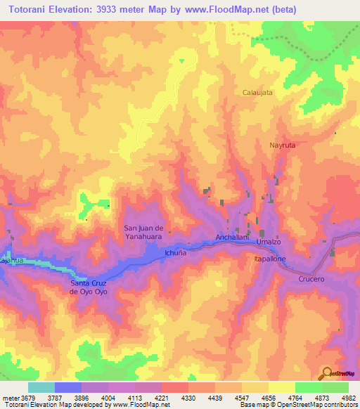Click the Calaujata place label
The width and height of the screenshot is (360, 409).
pyautogui.click(x=257, y=92)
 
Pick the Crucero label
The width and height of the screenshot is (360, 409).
pyautogui.click(x=312, y=279)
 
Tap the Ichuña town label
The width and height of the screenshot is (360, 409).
pyautogui.click(x=175, y=252)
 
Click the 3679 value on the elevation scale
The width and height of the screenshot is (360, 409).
pyautogui.click(x=25, y=398)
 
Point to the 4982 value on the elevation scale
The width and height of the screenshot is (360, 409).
pyautogui.click(x=348, y=398)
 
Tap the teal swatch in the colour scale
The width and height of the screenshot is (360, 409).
pyautogui.click(x=41, y=387)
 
